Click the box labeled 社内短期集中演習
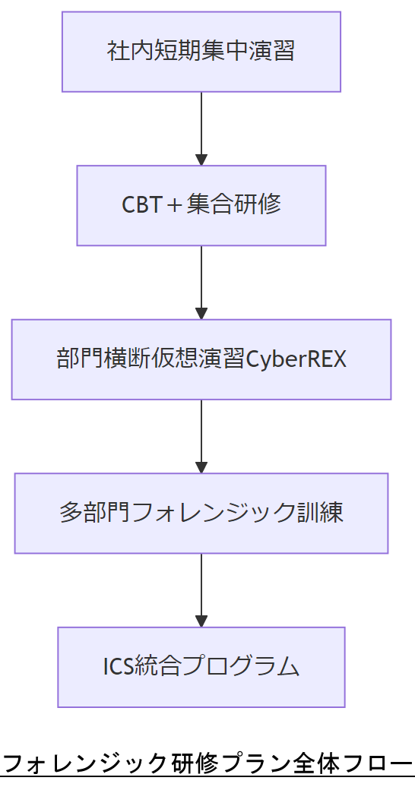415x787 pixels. pyautogui.click(x=201, y=52)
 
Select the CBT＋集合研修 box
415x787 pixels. pyautogui.click(x=201, y=205)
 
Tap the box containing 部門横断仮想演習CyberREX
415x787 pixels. pyautogui.click(x=201, y=359)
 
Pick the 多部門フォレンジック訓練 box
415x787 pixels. pyautogui.click(x=201, y=513)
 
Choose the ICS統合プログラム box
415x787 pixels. pyautogui.click(x=201, y=667)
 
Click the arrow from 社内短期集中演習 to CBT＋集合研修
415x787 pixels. pyautogui.click(x=201, y=128)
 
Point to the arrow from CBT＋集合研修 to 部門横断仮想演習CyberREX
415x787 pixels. pyautogui.click(x=201, y=281)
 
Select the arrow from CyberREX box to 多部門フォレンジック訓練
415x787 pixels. pyautogui.click(x=201, y=435)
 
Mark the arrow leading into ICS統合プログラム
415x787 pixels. pyautogui.click(x=201, y=589)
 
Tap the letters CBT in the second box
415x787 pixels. pyautogui.click(x=140, y=205)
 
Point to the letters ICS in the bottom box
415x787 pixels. pyautogui.click(x=118, y=667)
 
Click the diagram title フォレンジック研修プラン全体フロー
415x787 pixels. pyautogui.click(x=207, y=762)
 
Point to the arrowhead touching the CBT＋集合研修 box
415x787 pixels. pyautogui.click(x=201, y=160)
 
